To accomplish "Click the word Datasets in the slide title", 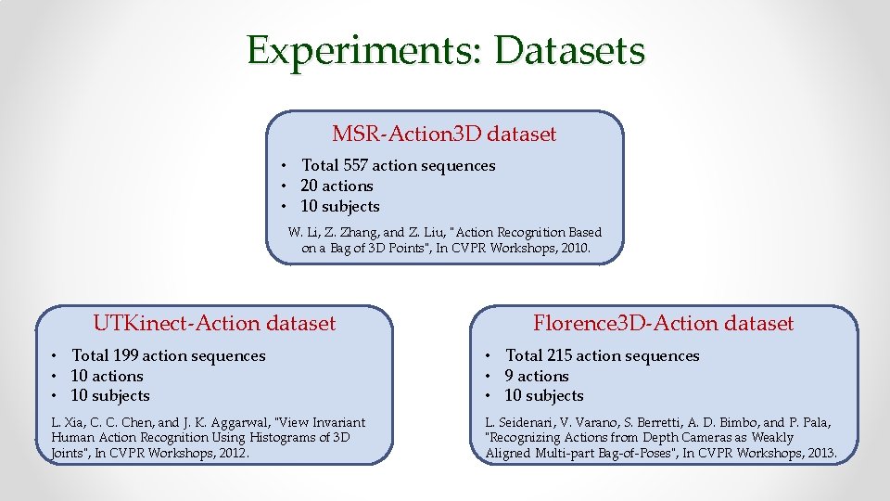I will click(x=569, y=51).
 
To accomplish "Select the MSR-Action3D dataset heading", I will click(x=444, y=135).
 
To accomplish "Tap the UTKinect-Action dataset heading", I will click(x=214, y=324).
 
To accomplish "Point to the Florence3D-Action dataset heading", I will click(x=663, y=324).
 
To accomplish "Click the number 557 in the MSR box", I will click(x=355, y=166).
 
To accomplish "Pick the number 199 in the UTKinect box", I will click(x=125, y=356).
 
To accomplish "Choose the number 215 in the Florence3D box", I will click(x=559, y=356).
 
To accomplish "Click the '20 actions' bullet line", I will click(x=337, y=186).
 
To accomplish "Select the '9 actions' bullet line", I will click(x=536, y=377).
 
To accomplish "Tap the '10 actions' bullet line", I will click(x=107, y=377).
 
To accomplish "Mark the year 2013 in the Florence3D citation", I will click(x=818, y=454).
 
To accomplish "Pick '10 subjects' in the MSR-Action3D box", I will click(x=340, y=207).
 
